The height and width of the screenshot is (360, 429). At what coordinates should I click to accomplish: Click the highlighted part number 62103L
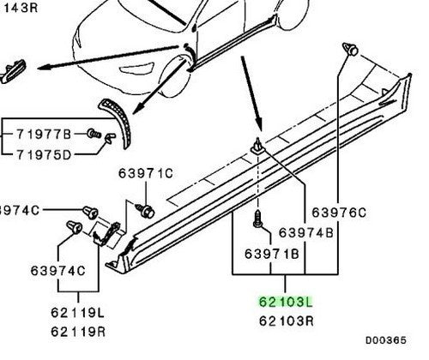coord(286,302)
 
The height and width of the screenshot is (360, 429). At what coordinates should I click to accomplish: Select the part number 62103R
coord(286,321)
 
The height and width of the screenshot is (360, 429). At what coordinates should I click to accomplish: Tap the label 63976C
coord(339,213)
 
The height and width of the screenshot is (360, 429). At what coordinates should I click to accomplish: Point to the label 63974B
coord(306,233)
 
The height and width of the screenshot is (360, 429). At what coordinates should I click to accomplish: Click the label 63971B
coord(272,254)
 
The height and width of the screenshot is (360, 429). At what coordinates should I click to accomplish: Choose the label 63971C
coord(146,173)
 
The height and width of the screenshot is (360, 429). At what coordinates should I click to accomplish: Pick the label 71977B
coord(44,135)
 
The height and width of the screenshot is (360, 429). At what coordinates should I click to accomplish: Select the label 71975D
coord(44,155)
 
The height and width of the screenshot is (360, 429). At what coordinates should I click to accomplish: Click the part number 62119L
coord(77,313)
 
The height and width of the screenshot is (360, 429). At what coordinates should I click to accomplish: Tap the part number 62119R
coord(78,332)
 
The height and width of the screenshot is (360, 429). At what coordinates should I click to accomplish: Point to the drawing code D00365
coord(386,340)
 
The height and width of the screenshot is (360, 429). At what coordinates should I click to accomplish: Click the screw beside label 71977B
coord(94,133)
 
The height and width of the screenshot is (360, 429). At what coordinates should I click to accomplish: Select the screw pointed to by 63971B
coord(258,219)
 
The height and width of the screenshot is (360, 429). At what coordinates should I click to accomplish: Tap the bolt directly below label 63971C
coord(146,211)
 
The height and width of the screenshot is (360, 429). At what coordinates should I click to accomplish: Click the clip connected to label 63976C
coord(351,49)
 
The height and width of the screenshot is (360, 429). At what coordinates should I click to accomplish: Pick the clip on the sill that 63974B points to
coord(258,147)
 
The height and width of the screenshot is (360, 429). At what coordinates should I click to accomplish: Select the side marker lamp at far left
coord(13,71)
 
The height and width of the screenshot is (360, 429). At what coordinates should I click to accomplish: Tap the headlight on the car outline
coord(137,69)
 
